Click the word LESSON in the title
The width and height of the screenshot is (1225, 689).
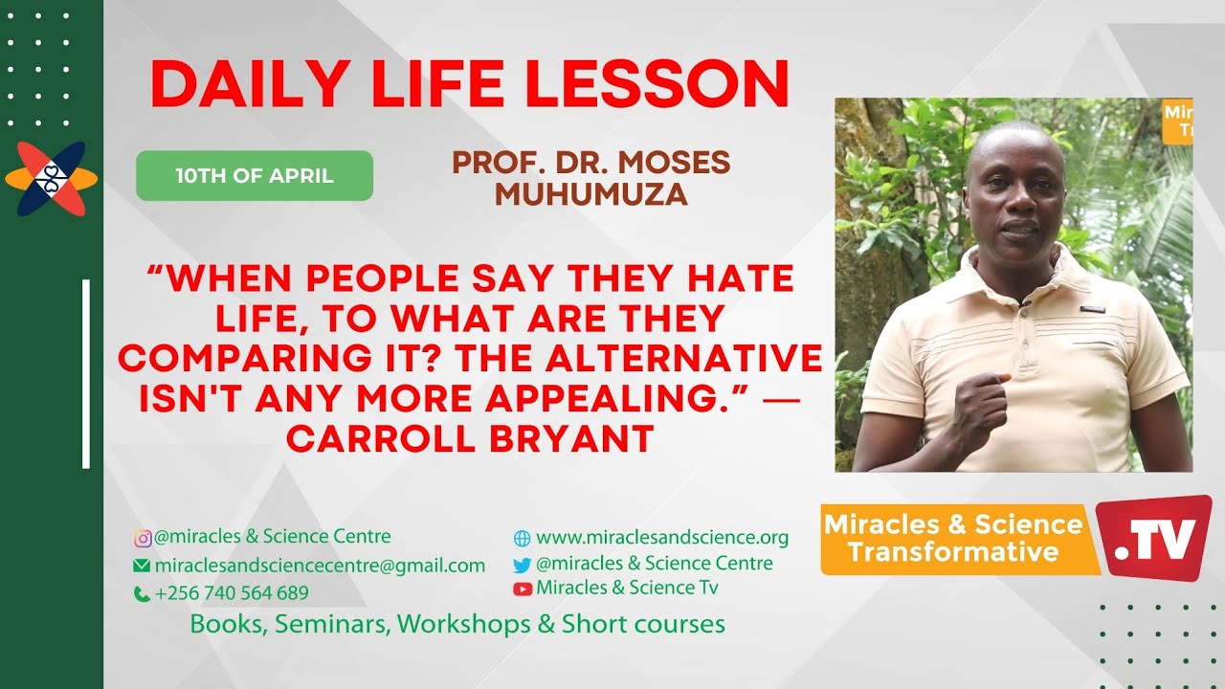(657, 85)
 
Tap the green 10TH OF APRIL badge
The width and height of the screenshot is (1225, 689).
(255, 176)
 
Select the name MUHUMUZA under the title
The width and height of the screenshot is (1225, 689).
(590, 194)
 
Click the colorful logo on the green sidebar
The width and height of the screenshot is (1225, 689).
(51, 179)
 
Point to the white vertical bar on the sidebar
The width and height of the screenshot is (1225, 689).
(86, 373)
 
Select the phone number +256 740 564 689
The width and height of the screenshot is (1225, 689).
(232, 593)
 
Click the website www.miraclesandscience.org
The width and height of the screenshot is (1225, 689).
(661, 538)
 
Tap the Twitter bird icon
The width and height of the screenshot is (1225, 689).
(522, 565)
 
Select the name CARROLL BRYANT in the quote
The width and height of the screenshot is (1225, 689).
(470, 439)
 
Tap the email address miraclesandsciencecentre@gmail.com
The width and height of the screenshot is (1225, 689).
(320, 566)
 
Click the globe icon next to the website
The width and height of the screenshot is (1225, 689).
(522, 539)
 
